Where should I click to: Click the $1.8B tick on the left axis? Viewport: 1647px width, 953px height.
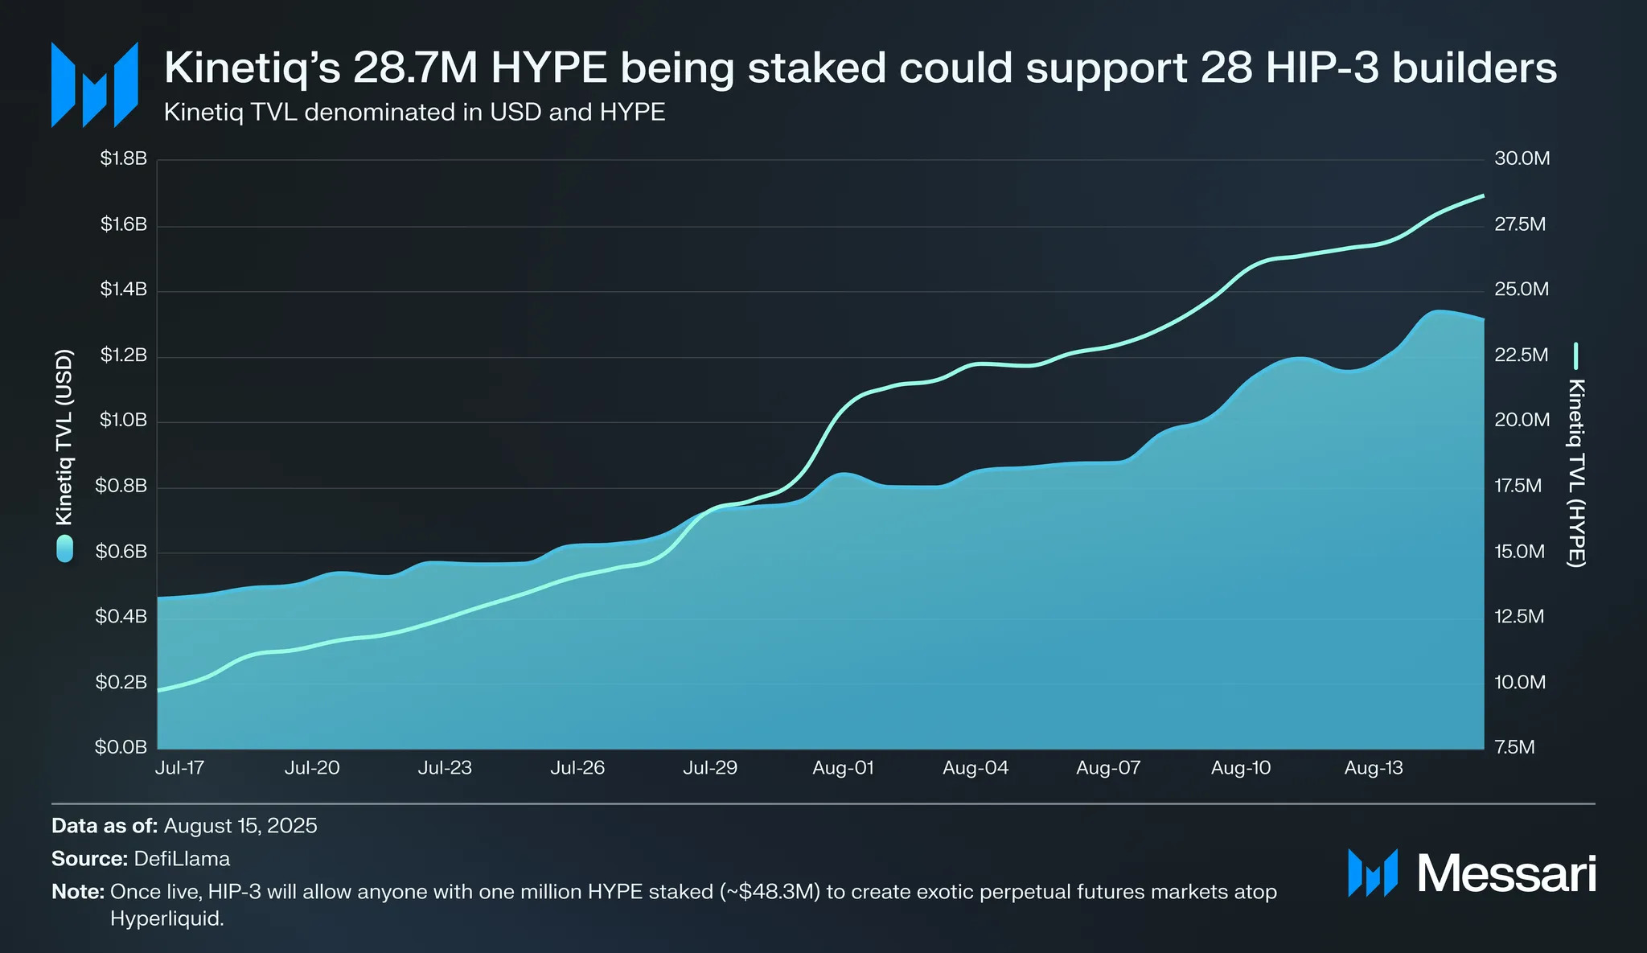[x=123, y=158]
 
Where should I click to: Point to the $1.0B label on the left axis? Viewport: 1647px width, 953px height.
[x=123, y=421]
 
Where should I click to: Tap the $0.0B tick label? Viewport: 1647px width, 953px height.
[x=121, y=747]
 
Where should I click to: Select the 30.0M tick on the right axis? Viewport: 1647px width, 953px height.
[x=1522, y=158]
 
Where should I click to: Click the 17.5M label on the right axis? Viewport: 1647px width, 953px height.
[x=1518, y=486]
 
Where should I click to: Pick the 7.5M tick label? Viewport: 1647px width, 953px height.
[x=1514, y=747]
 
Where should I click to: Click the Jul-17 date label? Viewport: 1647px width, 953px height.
[x=179, y=768]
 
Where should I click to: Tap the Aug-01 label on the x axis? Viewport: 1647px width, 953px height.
[x=843, y=768]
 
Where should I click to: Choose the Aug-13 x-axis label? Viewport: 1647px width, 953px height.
[x=1374, y=768]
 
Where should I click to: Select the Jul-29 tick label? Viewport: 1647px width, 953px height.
[x=710, y=768]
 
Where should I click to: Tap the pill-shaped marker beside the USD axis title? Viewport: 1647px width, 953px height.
[x=64, y=548]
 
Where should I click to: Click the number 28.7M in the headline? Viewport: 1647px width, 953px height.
[x=416, y=68]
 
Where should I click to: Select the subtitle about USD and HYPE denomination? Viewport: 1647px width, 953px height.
[x=414, y=112]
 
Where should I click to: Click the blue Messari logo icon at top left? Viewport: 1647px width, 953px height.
[x=94, y=84]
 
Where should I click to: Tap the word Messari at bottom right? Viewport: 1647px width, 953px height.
[x=1505, y=873]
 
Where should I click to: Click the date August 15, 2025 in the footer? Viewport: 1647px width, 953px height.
[x=240, y=826]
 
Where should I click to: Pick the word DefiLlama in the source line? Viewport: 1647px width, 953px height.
[x=182, y=859]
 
